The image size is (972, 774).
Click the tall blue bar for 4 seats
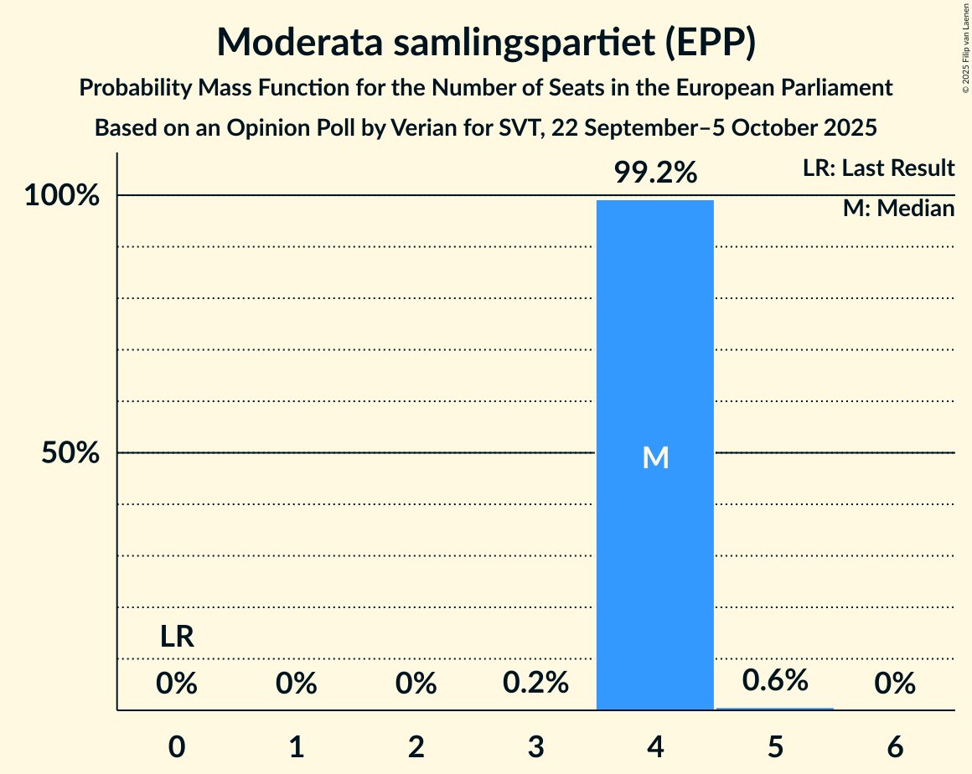(654, 335)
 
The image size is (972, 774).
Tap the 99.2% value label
(654, 173)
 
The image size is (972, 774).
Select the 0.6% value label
(775, 680)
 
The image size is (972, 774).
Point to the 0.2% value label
(535, 684)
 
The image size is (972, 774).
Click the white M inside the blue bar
(654, 457)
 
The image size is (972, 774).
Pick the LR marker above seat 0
(177, 637)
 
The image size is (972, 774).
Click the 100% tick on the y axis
(61, 196)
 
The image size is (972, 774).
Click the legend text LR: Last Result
(878, 168)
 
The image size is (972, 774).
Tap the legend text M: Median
(898, 209)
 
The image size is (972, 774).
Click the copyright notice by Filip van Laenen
(964, 48)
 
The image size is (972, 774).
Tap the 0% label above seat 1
(296, 684)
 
